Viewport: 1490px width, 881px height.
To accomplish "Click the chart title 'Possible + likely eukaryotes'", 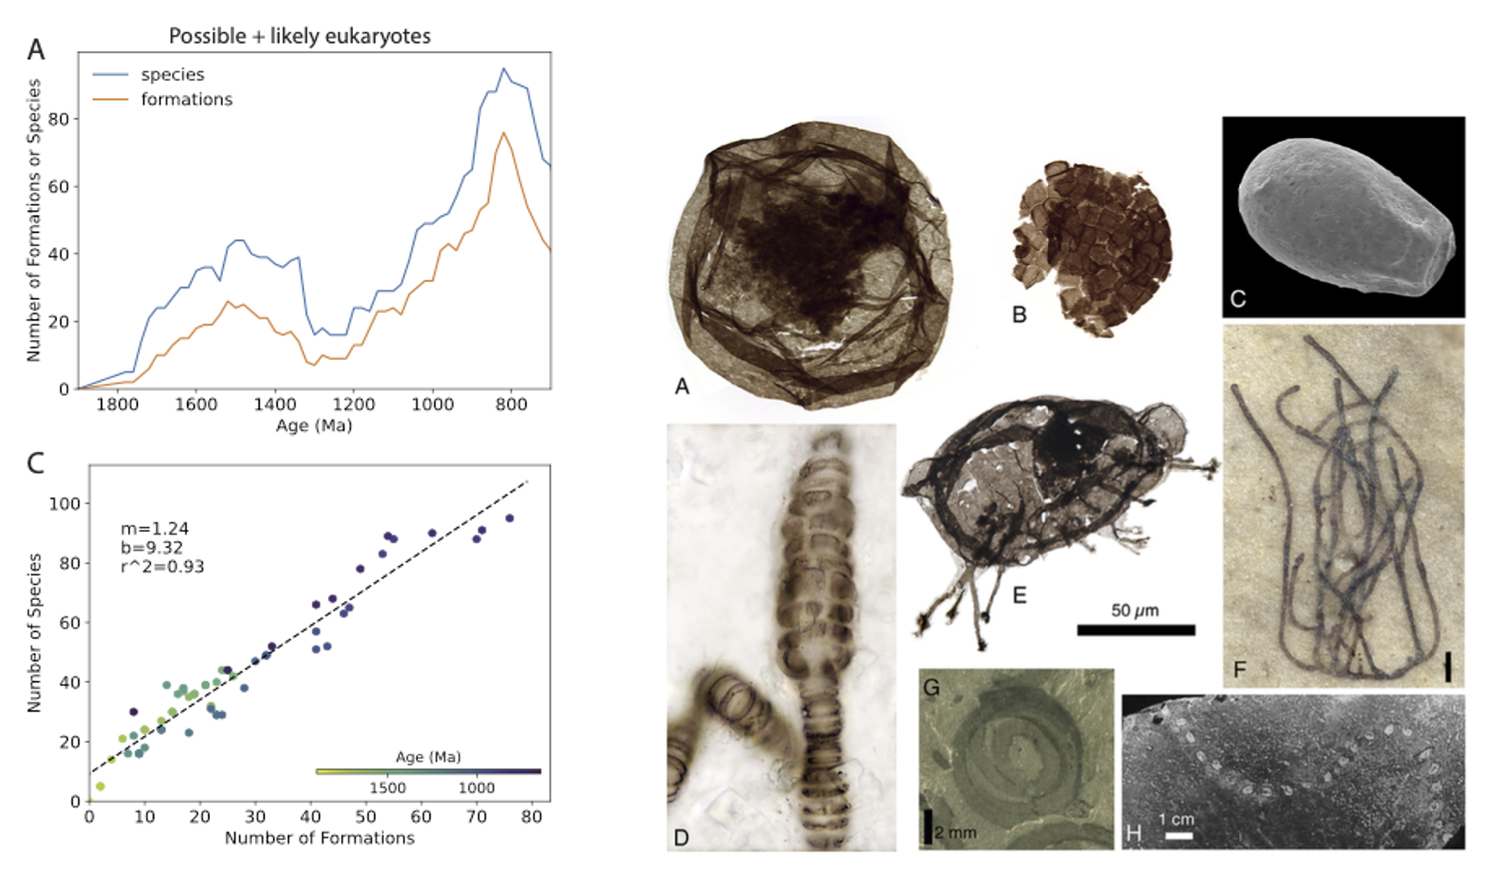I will pyautogui.click(x=300, y=36).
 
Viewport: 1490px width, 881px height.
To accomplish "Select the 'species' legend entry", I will pyautogui.click(x=172, y=74).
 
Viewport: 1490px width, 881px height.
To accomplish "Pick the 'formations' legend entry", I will pyautogui.click(x=186, y=99).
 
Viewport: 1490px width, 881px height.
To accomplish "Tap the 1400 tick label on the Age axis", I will pyautogui.click(x=275, y=404).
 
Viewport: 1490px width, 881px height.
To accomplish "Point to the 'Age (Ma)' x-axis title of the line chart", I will pyautogui.click(x=314, y=425).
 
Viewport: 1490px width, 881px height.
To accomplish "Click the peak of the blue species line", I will pyautogui.click(x=503, y=68).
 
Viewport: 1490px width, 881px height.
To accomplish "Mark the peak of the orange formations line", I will pyautogui.click(x=503, y=132).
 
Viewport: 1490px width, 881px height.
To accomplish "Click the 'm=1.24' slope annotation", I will pyautogui.click(x=154, y=529).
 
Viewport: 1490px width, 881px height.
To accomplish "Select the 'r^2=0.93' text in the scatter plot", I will pyautogui.click(x=162, y=566).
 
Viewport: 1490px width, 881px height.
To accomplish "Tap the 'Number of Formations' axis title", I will pyautogui.click(x=319, y=838).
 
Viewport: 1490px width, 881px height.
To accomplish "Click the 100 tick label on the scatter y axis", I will pyautogui.click(x=64, y=504).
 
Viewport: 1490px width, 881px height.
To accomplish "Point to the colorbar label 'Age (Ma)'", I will pyautogui.click(x=428, y=757).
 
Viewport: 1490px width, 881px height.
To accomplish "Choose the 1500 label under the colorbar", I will pyautogui.click(x=388, y=787).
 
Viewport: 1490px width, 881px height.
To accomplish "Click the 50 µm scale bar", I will pyautogui.click(x=1135, y=629).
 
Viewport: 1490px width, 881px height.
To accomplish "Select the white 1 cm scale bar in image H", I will pyautogui.click(x=1179, y=836).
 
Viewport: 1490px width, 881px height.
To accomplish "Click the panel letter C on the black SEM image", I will pyautogui.click(x=1237, y=299).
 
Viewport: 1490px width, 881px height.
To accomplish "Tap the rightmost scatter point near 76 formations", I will pyautogui.click(x=510, y=518).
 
